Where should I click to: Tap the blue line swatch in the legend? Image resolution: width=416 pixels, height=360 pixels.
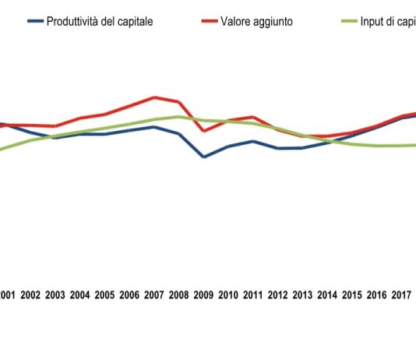[x=34, y=22]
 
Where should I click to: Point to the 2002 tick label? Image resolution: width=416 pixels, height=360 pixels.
[x=30, y=295]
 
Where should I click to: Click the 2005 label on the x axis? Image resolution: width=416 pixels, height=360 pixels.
[x=104, y=295]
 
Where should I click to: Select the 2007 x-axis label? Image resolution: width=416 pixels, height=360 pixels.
[x=154, y=295]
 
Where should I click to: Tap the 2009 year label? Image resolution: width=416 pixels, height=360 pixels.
[x=203, y=295]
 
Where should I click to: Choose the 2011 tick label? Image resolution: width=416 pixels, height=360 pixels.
[x=253, y=295]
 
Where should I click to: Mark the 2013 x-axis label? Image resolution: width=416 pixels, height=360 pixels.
[x=302, y=295]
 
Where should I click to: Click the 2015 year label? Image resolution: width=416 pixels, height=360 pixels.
[x=352, y=295]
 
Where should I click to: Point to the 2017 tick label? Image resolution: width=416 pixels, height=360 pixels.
[x=401, y=295]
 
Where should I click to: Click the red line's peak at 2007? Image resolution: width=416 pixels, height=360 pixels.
[x=155, y=97]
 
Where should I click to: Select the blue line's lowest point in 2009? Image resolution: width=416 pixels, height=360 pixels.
[x=204, y=157]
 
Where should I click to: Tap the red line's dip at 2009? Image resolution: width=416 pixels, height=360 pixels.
[x=204, y=131]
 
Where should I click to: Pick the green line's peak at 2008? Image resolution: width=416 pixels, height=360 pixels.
[x=179, y=117]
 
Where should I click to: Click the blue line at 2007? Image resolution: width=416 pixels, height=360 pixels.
[x=155, y=126]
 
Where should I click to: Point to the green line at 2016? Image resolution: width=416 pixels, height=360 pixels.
[x=377, y=146]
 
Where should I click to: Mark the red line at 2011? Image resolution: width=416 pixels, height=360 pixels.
[x=253, y=117]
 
